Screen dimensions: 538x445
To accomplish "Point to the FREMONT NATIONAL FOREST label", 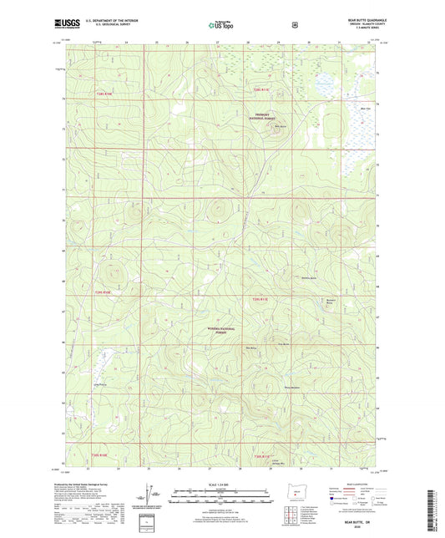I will click(x=271, y=118).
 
